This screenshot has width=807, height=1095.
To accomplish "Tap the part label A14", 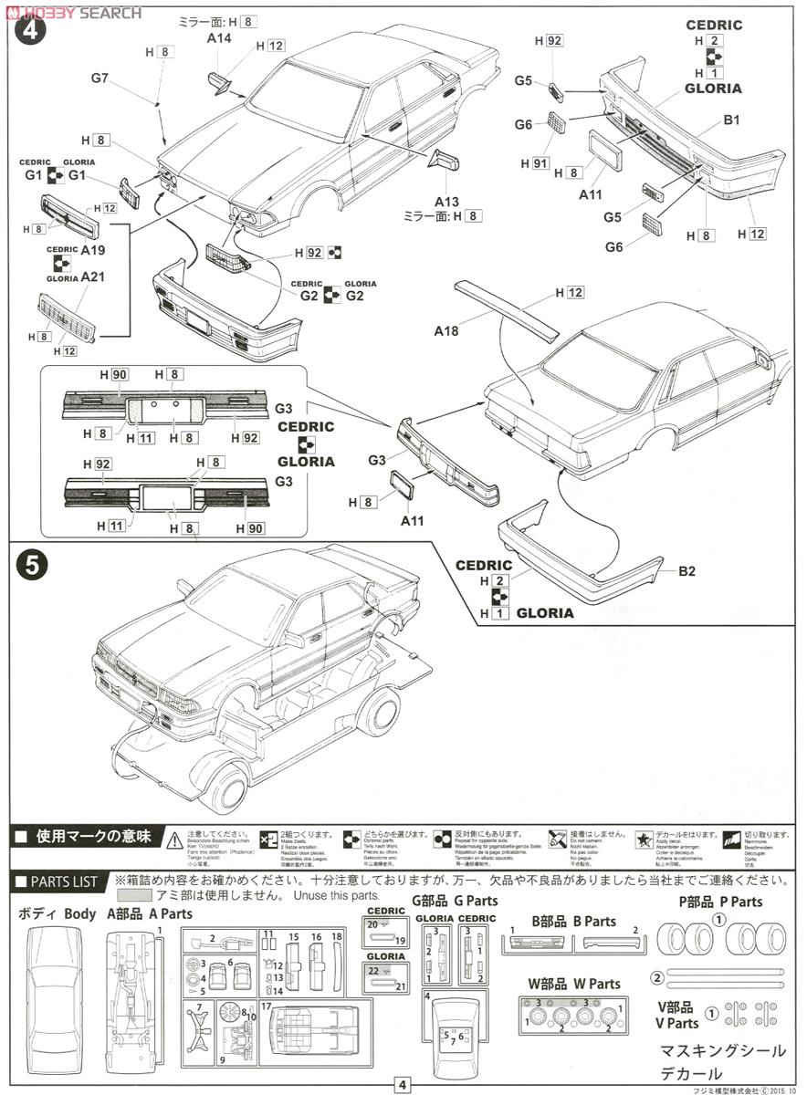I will (x=219, y=39).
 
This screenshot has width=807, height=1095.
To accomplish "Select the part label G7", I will (x=100, y=78).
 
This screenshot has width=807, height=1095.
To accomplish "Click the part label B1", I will (x=731, y=120).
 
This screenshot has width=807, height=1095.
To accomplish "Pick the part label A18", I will (x=446, y=331).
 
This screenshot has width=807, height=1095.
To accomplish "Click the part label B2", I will (x=686, y=572).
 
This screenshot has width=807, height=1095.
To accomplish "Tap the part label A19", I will (x=94, y=248).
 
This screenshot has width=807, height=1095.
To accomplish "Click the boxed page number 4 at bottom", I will (x=403, y=1085).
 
